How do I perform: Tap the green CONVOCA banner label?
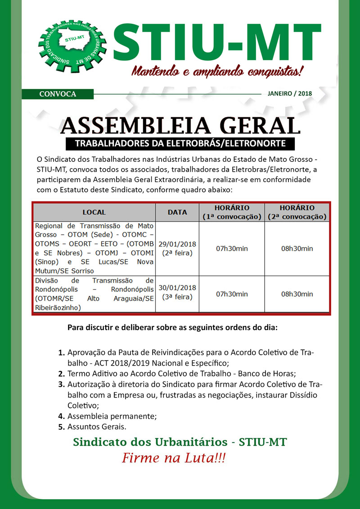point(58,94)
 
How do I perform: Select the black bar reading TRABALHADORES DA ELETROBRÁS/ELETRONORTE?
point(180,144)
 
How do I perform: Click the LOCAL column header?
point(94,212)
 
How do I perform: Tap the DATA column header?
point(177,212)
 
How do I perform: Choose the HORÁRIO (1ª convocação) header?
point(232,212)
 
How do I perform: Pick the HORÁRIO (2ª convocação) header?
point(297,212)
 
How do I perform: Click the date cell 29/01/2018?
point(177,248)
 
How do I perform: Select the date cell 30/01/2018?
point(177,292)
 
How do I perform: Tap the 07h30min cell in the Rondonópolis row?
point(232,294)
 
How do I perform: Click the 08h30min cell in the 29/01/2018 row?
point(297,248)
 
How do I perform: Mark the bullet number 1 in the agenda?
point(61,353)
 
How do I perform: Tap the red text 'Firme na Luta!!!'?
point(174,459)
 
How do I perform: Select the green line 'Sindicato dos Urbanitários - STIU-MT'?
point(180,442)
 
